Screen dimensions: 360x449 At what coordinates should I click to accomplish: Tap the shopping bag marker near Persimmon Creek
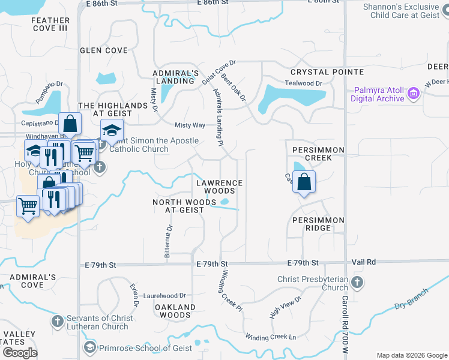tap(304, 182)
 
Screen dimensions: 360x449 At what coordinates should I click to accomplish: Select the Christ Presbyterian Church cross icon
tap(357, 282)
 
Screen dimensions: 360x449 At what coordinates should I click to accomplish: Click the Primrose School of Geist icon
tap(90, 347)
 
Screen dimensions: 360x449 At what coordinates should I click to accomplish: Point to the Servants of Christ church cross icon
tap(57, 321)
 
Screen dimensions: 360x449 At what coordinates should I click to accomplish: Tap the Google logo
tap(20, 353)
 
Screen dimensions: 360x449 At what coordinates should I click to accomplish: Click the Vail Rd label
tap(363, 262)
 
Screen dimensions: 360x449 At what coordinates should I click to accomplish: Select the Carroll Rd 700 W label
tap(345, 317)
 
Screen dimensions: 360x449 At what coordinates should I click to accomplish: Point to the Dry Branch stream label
tap(411, 299)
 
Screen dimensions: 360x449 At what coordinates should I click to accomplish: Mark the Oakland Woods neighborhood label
tap(175, 311)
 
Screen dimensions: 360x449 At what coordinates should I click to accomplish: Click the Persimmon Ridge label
tap(318, 220)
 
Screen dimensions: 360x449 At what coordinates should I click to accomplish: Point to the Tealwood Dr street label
tap(304, 83)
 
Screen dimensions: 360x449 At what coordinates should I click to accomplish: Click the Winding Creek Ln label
tap(271, 337)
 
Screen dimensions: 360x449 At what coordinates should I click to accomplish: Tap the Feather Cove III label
tap(50, 25)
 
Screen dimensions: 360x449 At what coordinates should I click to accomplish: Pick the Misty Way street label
tap(190, 125)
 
